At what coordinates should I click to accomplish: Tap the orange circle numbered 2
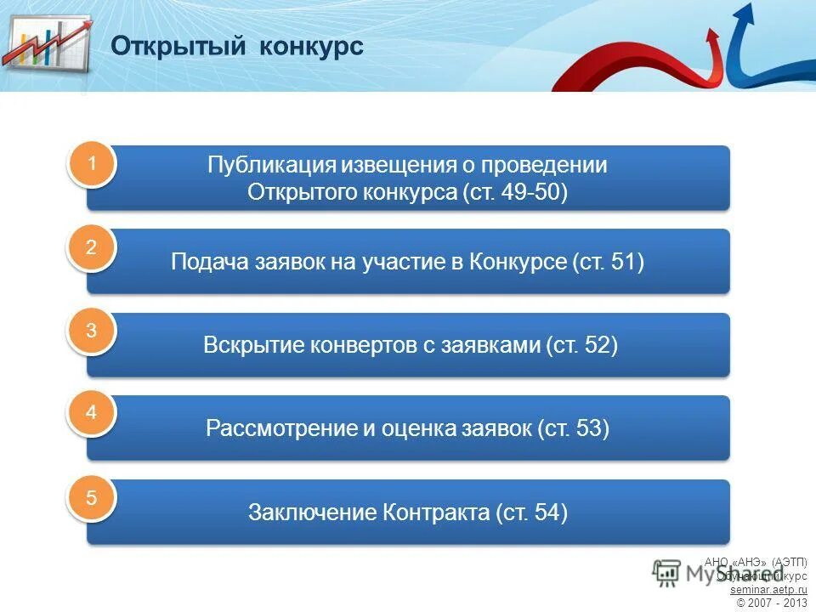click(x=91, y=248)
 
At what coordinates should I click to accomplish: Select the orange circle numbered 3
click(x=91, y=331)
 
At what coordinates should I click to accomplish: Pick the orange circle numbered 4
click(x=91, y=414)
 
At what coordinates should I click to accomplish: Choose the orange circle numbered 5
click(x=91, y=498)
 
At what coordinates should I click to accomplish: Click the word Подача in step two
click(x=209, y=262)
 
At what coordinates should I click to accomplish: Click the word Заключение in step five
click(x=312, y=513)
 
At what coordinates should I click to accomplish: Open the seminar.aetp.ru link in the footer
click(x=768, y=589)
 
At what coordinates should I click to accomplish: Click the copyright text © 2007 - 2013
click(x=772, y=603)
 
